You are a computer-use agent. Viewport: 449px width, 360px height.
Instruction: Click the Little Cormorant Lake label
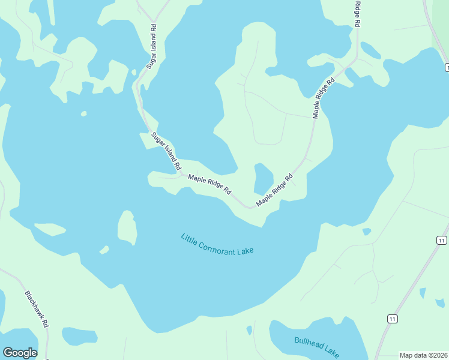(x=217, y=244)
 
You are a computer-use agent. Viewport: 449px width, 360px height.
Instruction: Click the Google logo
(x=20, y=353)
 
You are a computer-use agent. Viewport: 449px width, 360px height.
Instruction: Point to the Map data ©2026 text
(x=423, y=355)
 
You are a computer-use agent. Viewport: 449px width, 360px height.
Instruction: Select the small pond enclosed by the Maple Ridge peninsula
(x=263, y=178)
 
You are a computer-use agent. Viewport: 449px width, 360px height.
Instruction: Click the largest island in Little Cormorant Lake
(x=127, y=228)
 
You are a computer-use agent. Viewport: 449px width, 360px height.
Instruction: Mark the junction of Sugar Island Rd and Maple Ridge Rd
(x=180, y=175)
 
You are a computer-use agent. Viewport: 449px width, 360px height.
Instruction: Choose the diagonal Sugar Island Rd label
(x=166, y=153)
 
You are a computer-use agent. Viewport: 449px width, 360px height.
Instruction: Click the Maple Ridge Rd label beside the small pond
(x=274, y=190)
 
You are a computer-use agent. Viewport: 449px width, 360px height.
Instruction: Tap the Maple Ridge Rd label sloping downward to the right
(x=209, y=184)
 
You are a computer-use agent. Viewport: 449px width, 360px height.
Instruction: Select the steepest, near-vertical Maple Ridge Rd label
(x=322, y=97)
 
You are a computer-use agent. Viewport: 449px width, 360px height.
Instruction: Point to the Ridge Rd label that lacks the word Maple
(x=357, y=13)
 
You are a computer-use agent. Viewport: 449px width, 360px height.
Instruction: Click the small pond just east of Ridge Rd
(x=370, y=50)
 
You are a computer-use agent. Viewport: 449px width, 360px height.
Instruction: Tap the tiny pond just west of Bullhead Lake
(x=249, y=330)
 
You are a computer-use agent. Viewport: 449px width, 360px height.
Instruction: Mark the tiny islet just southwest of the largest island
(x=104, y=249)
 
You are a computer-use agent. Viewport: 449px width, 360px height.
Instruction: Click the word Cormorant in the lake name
(x=217, y=244)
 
